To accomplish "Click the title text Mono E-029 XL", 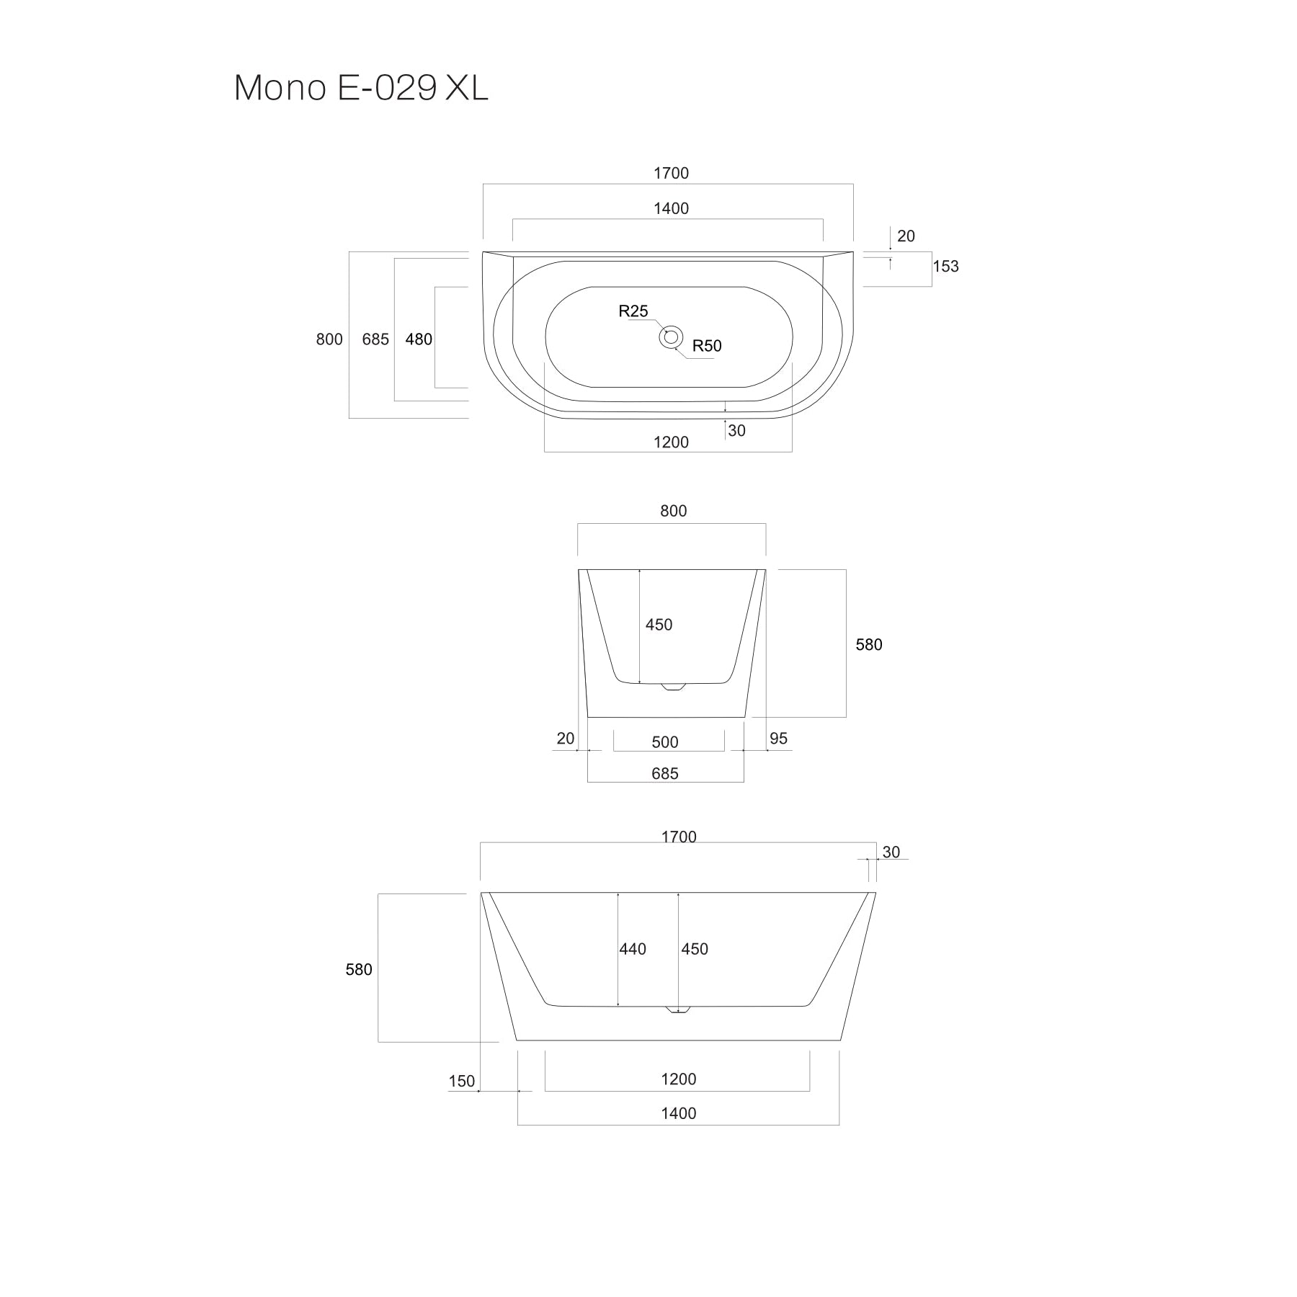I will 361,88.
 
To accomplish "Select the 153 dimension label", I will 945,267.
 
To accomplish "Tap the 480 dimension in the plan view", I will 419,339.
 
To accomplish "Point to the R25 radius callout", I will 633,311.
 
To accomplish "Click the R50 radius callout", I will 707,346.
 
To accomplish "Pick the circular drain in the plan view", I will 671,336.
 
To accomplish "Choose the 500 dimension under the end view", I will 665,742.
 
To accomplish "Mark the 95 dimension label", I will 778,739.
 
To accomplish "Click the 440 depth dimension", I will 633,950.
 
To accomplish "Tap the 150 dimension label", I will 462,1082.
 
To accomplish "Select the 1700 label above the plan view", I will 671,174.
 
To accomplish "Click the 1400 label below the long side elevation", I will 678,1113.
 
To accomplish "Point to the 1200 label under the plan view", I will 671,442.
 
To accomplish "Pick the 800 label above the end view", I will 673,511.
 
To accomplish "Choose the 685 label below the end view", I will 665,774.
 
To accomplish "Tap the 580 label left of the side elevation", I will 359,970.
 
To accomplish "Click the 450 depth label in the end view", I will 659,625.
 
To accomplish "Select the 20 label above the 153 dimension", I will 906,236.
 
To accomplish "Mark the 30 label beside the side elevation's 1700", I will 891,852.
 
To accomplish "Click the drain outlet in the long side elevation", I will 677,1009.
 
